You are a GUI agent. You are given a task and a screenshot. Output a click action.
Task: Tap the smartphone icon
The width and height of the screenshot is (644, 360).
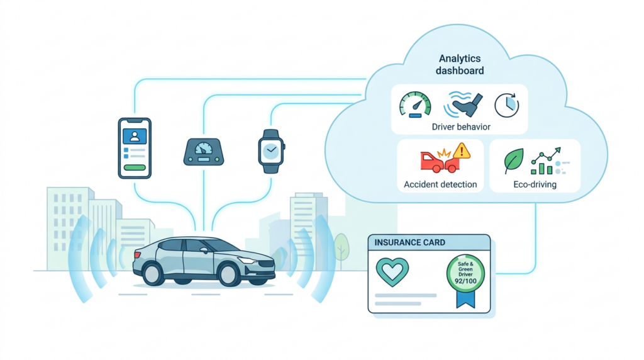[135, 147]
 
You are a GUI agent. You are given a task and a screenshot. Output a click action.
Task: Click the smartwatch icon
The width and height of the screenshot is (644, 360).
[271, 151]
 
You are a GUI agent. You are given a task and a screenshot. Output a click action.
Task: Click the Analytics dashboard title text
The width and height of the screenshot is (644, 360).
[460, 64]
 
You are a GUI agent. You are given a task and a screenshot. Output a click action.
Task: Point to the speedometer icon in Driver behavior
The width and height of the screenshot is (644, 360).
[415, 104]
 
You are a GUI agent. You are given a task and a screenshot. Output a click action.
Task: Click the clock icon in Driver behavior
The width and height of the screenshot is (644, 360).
[506, 105]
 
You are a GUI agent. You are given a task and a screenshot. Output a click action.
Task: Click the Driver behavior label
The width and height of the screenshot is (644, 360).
[461, 127]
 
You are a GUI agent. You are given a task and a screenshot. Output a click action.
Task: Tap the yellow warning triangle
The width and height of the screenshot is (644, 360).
[462, 151]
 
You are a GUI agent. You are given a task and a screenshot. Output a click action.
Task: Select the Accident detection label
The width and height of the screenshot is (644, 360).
[440, 185]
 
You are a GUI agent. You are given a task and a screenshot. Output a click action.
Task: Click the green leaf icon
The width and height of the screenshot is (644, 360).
[514, 162]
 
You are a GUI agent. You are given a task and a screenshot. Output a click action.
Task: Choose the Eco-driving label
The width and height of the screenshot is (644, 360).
[534, 185]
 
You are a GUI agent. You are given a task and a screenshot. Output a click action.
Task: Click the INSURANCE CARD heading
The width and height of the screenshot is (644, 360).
[409, 242]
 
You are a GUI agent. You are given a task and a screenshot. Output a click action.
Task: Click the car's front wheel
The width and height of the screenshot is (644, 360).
[230, 273]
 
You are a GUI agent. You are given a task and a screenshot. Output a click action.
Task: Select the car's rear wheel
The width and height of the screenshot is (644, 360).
[153, 273]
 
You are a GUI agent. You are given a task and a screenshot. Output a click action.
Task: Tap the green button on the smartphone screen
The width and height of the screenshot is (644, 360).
[135, 167]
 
